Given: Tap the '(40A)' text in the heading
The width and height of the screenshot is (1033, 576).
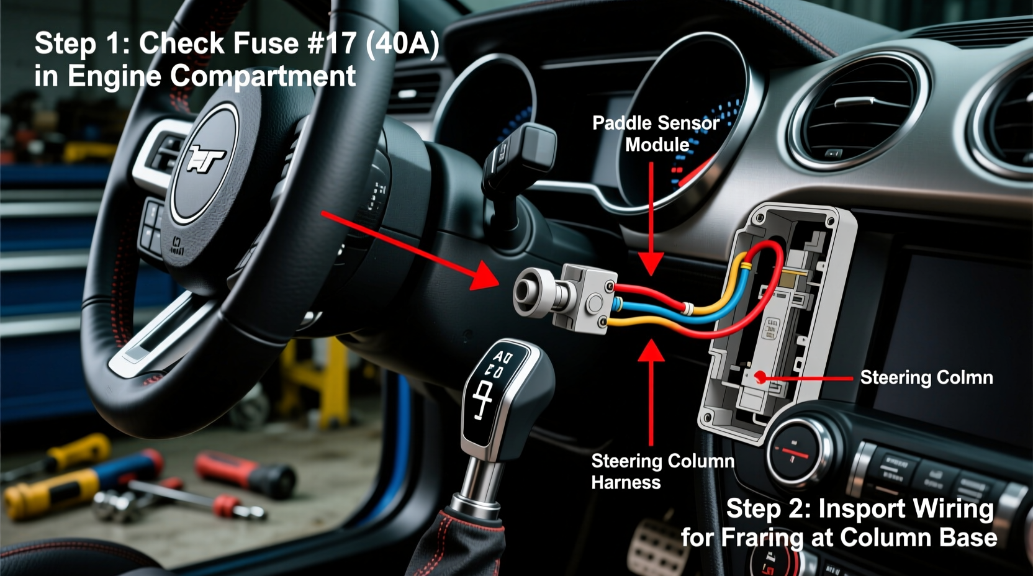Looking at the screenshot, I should [x=402, y=43].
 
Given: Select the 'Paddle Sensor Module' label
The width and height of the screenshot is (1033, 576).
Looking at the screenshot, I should [x=656, y=133].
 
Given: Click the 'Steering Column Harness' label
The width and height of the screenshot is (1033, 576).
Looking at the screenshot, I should [x=662, y=471].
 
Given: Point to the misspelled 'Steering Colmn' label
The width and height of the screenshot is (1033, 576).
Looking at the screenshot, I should [x=926, y=377].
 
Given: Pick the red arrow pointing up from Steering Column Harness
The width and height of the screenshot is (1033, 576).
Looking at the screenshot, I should [x=651, y=391].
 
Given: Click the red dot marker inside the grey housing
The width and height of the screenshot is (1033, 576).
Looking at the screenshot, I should [x=759, y=377].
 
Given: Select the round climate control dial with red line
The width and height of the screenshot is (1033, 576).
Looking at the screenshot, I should [x=797, y=451].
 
